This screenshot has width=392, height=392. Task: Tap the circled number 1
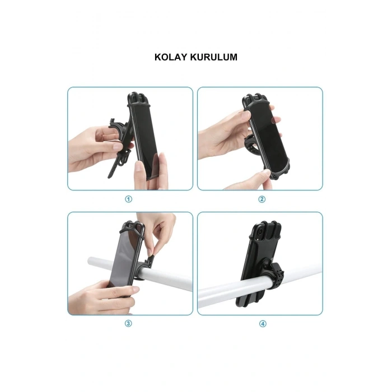(x=128, y=199)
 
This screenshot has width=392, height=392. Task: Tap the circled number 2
(x=262, y=199)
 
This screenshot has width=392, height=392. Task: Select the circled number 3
(x=128, y=323)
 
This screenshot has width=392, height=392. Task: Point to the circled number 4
(x=262, y=323)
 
